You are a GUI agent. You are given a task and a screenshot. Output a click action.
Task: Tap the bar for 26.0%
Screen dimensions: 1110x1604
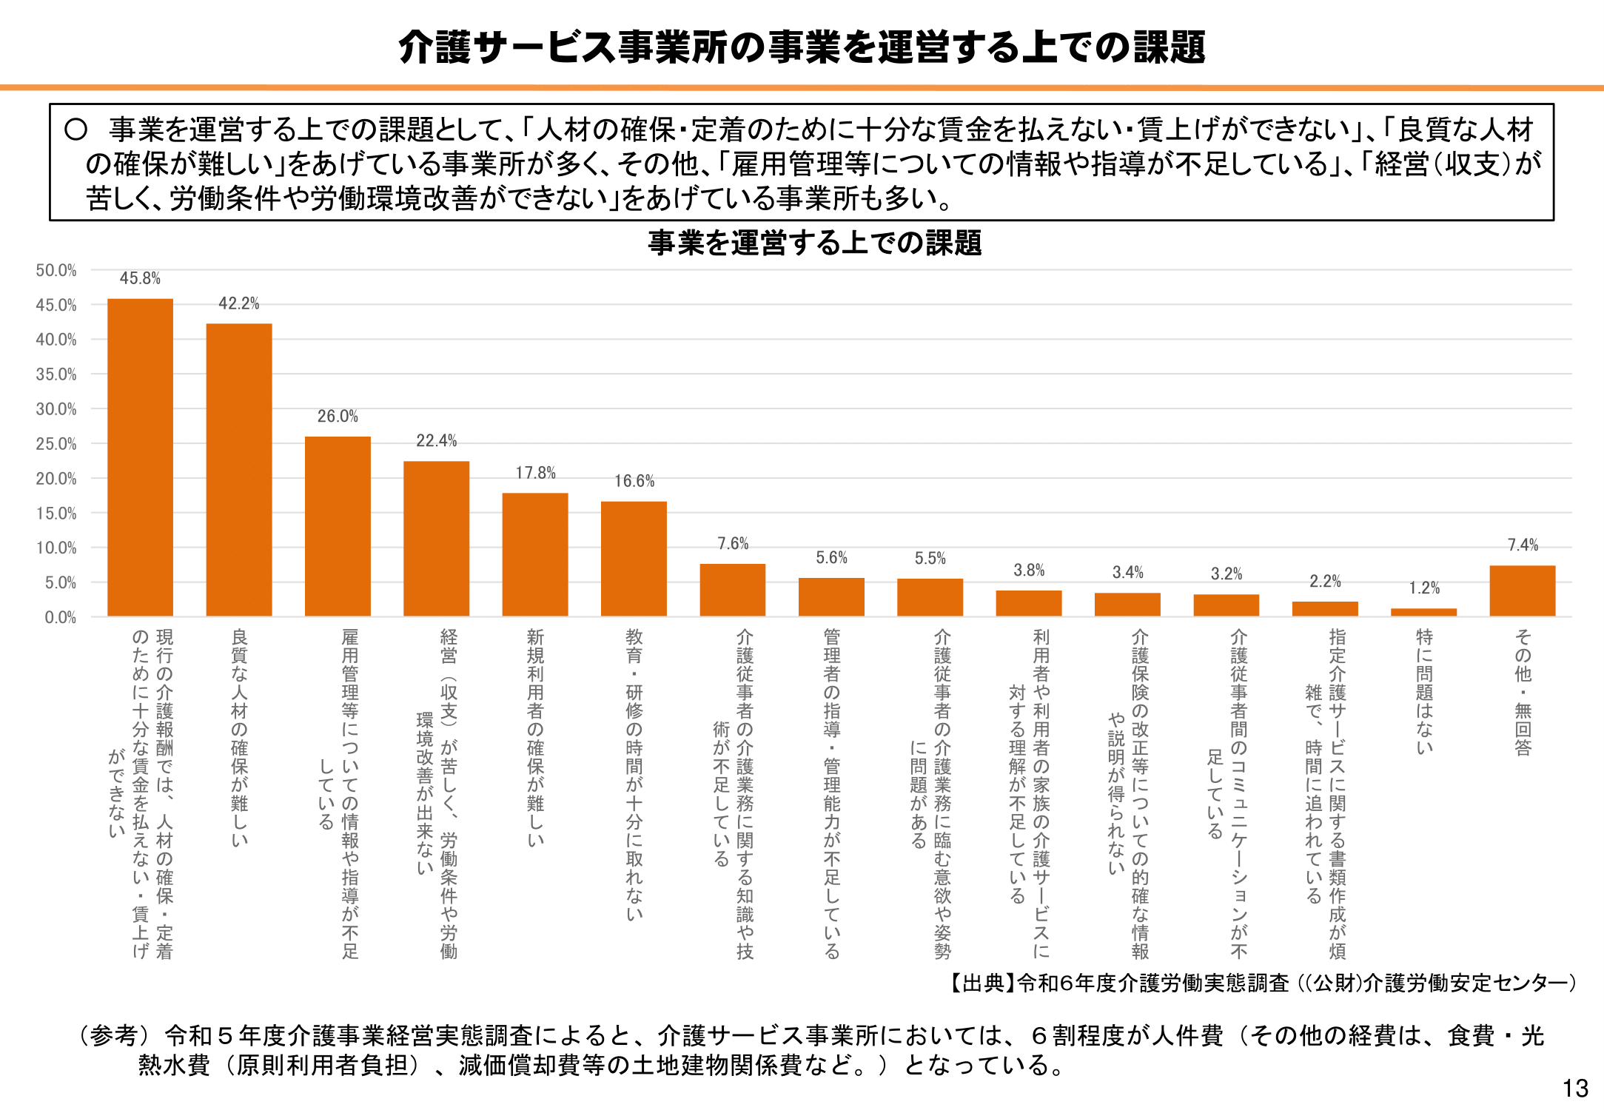pos(338,526)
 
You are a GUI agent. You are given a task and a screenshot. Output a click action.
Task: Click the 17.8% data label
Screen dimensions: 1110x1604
pos(535,473)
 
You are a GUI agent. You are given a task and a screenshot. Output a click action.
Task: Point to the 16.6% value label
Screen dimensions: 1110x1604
pos(634,481)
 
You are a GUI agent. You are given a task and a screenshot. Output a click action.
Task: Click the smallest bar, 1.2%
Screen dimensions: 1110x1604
pos(1423,612)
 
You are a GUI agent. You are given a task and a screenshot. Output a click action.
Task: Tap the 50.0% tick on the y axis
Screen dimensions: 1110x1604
pos(56,271)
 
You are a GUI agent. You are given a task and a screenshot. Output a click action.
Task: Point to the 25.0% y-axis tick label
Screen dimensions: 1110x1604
pos(56,444)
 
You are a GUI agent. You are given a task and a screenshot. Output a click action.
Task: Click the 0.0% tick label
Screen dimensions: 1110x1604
pos(60,617)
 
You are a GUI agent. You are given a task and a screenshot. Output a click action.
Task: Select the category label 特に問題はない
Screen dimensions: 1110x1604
pos(1424,691)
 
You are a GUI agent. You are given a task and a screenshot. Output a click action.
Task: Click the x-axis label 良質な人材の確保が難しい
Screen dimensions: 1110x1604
pos(239,737)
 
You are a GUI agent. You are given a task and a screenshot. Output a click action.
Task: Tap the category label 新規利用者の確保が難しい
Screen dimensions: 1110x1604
pos(535,737)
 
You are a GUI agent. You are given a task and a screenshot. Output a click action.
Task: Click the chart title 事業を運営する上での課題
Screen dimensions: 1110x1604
pos(814,243)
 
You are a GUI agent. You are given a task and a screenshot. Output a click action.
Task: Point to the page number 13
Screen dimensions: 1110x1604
pos(1575,1089)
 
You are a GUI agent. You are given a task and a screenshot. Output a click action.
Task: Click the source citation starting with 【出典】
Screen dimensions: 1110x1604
pos(1262,983)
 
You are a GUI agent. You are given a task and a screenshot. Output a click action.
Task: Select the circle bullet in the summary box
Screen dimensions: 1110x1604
pos(76,130)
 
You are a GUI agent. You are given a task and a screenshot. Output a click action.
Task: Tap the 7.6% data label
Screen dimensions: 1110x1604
pos(733,544)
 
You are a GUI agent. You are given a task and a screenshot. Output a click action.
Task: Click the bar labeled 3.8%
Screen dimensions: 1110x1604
pos(1028,603)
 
